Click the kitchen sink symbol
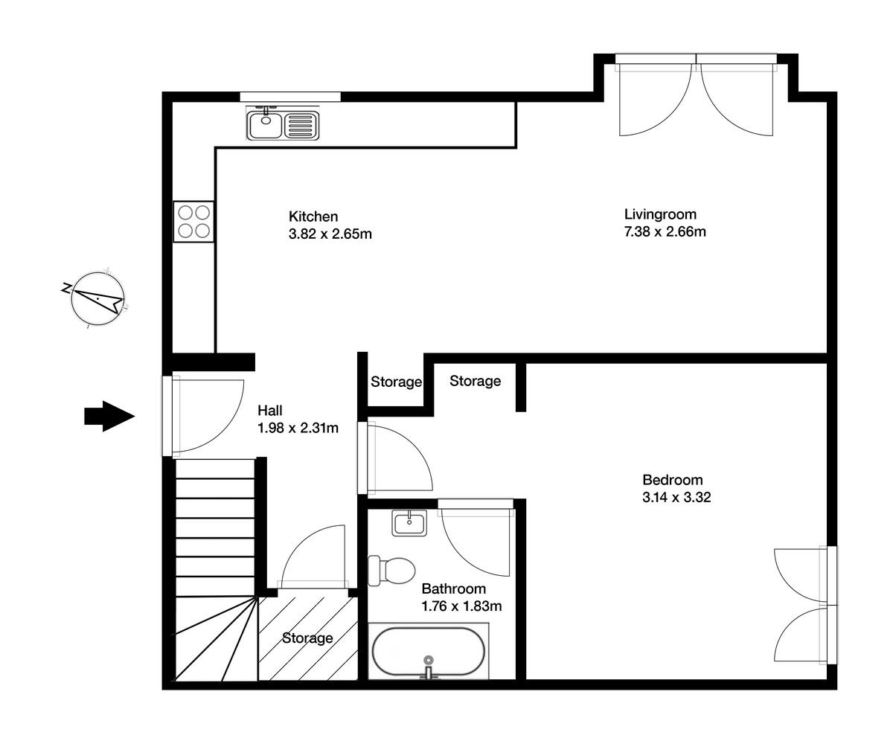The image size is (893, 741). [282, 124]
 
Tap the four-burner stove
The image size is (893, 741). [193, 221]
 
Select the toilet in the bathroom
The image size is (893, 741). [392, 571]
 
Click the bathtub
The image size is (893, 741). [428, 652]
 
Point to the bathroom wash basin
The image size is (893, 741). [409, 523]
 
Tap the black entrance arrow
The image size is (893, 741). [108, 416]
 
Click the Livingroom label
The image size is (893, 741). [660, 215]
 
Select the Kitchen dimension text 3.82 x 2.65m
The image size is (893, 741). [330, 234]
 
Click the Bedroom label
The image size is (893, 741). [672, 480]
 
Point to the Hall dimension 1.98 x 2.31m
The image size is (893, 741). [298, 428]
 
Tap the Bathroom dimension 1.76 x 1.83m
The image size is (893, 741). [461, 606]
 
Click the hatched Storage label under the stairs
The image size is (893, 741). [307, 638]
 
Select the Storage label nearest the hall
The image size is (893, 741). [396, 382]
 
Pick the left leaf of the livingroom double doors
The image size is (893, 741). [653, 100]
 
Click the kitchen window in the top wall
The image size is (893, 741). [290, 97]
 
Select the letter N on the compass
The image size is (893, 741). [67, 287]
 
